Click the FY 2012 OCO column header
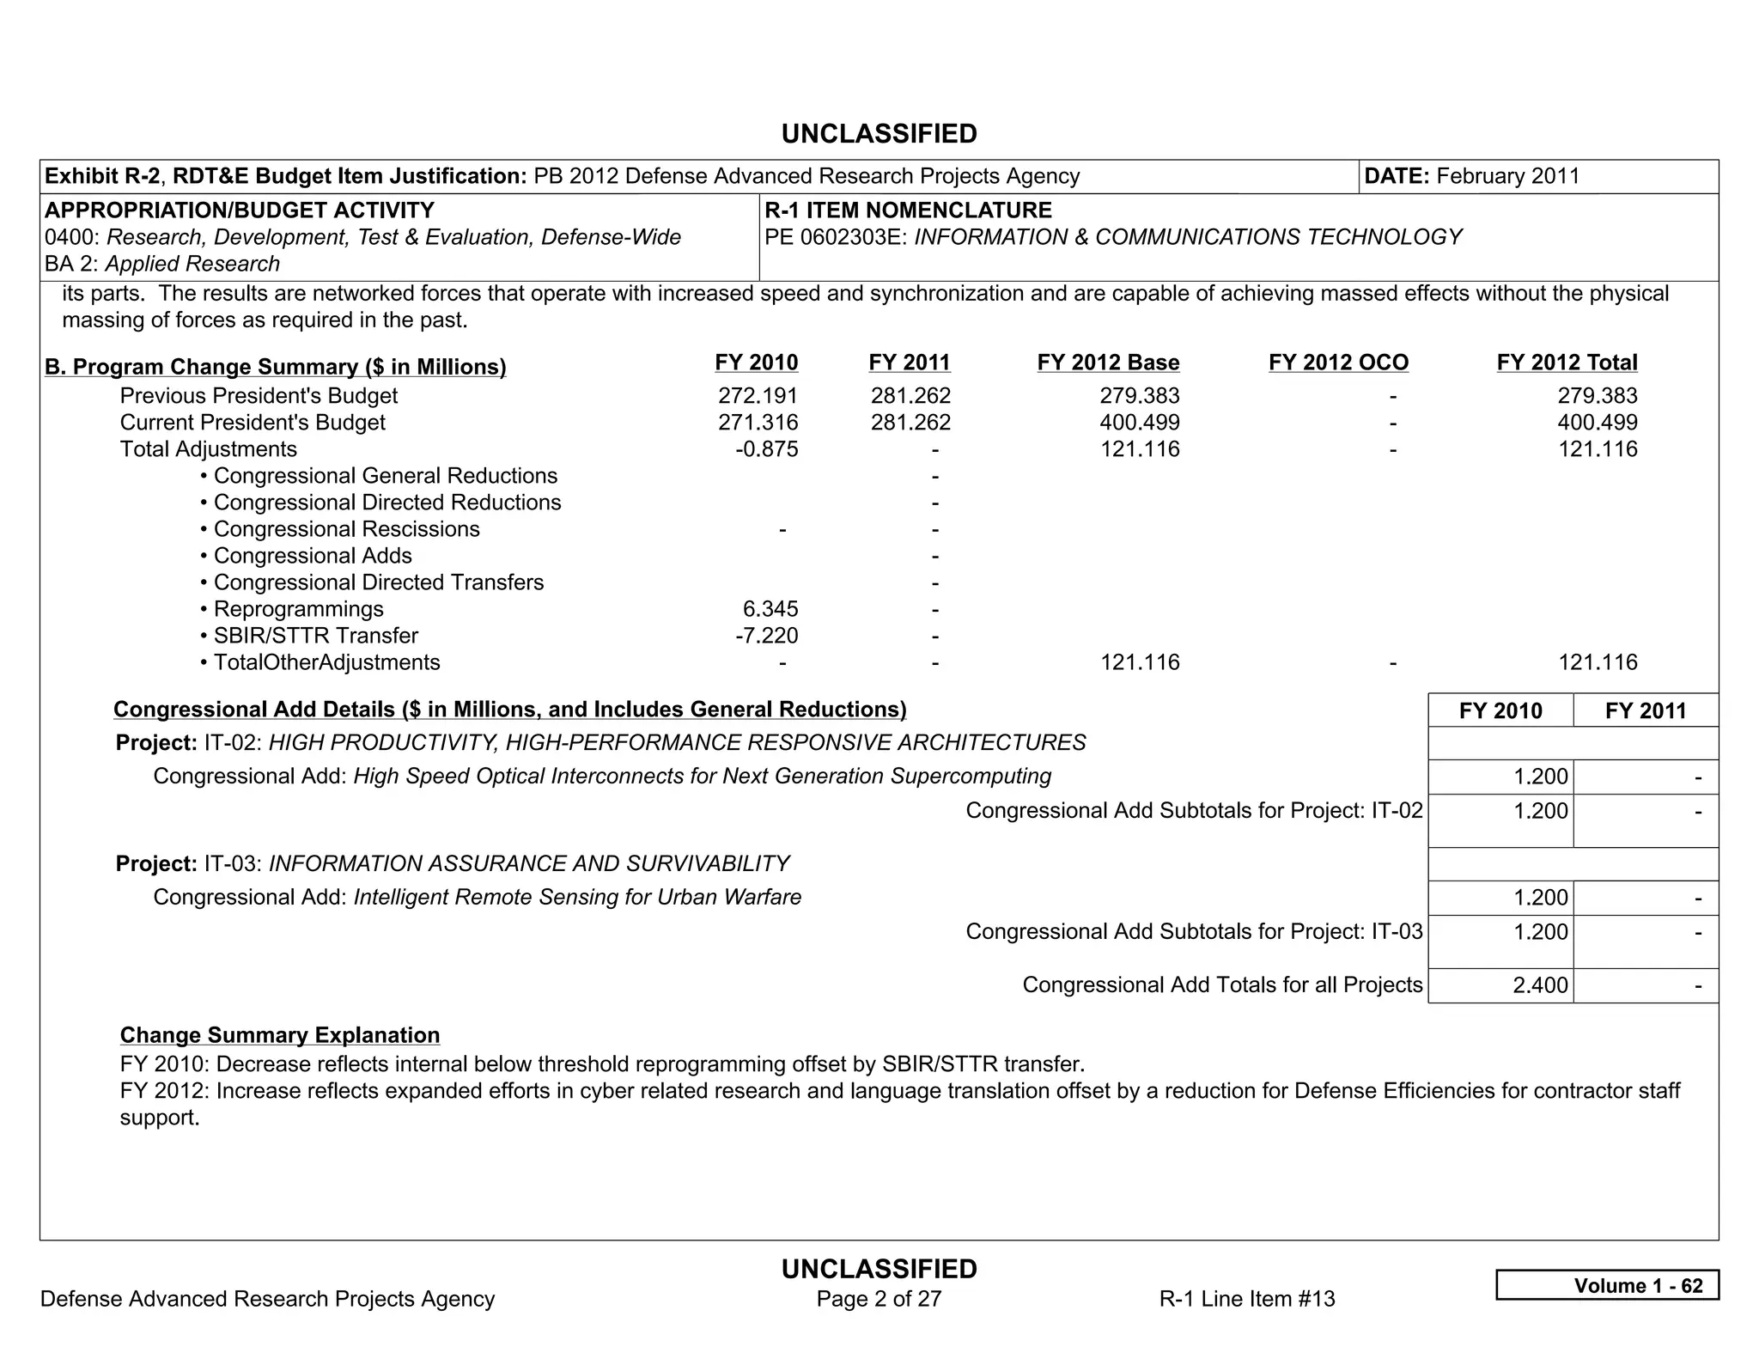(1338, 363)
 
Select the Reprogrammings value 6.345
(770, 609)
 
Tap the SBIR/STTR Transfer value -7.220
(766, 636)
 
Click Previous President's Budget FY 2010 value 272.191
(758, 396)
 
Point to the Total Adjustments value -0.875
(766, 449)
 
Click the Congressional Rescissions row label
(345, 529)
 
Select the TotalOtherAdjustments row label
(326, 662)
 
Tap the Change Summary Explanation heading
(280, 1035)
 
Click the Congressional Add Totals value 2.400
(1540, 985)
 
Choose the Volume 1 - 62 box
(1607, 1285)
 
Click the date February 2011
(1507, 176)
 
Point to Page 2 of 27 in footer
(879, 1299)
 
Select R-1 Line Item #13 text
(1246, 1299)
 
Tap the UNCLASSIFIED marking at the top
(879, 134)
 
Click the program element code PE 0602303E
(836, 237)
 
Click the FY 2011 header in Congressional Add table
(1645, 710)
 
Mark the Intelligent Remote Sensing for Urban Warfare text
(577, 898)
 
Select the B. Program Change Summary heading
(275, 367)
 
